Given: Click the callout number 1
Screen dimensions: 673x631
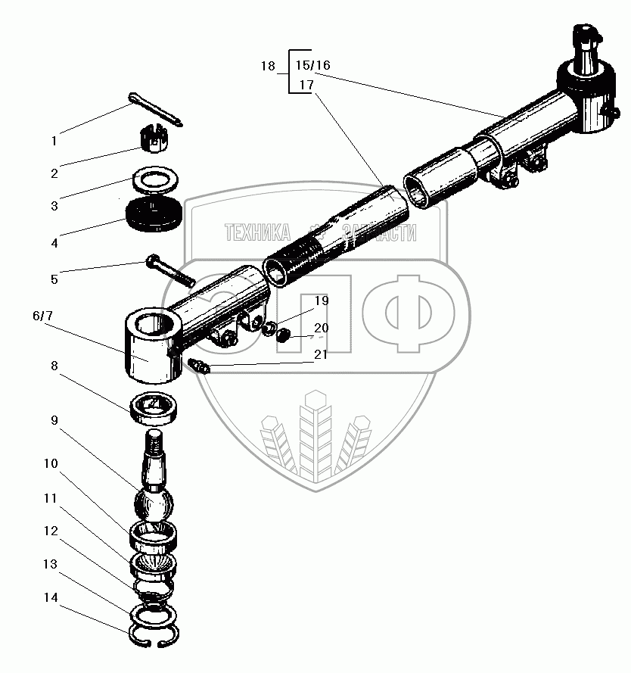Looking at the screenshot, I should pos(54,141).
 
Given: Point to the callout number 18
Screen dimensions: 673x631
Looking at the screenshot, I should pos(268,66).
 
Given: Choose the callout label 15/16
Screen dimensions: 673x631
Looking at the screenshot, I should pos(313,65).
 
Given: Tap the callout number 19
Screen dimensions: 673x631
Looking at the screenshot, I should pos(322,301).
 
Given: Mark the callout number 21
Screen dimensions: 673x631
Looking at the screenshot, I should pos(322,354).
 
